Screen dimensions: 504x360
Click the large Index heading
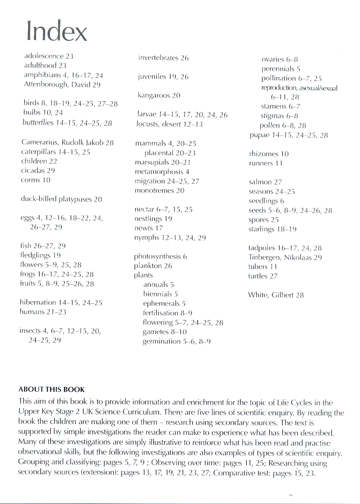click(57, 31)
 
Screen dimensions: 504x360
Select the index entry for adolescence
click(49, 56)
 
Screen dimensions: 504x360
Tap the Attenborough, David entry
click(62, 85)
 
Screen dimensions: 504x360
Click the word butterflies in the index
click(38, 123)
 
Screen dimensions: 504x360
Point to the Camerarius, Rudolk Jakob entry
click(67, 142)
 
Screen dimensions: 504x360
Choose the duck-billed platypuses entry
click(61, 199)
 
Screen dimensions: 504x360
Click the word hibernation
click(38, 302)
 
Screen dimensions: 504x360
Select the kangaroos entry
click(159, 95)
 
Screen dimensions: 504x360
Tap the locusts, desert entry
click(169, 124)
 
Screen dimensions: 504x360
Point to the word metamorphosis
click(159, 172)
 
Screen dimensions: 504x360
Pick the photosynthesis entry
click(160, 257)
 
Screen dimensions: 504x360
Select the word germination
click(162, 341)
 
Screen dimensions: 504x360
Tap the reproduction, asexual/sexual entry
click(299, 88)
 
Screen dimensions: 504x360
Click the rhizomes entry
click(269, 154)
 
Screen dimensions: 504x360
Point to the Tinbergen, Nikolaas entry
click(285, 257)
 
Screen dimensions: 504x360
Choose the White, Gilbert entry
click(276, 295)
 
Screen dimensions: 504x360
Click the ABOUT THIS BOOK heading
click(52, 389)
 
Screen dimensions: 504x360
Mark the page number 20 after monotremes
click(180, 191)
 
